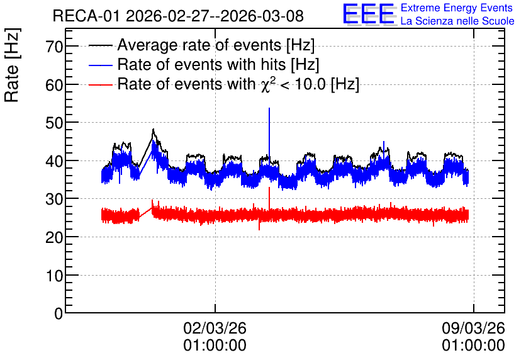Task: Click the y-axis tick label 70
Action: point(54,47)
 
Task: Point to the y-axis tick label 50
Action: point(54,123)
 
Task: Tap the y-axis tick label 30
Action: point(54,200)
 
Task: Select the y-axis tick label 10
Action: point(54,276)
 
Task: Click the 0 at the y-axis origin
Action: point(59,313)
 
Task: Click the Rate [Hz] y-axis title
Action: point(12,65)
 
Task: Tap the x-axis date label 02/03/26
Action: point(215,328)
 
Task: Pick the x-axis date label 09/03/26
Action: point(473,328)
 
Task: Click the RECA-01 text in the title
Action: point(86,16)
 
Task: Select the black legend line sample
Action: point(100,45)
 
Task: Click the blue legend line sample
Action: point(100,65)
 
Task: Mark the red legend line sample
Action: point(100,84)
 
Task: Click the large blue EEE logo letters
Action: point(369,14)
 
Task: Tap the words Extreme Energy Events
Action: point(457,8)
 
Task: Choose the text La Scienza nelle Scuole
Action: point(457,21)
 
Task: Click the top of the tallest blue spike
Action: point(269,108)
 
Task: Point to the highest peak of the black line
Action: point(154,129)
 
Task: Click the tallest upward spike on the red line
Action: point(269,187)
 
